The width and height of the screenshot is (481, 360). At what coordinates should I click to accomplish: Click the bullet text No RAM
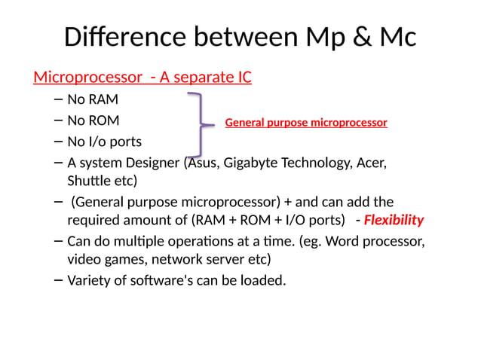[x=93, y=99]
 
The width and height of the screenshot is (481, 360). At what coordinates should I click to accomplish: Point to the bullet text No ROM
[x=93, y=120]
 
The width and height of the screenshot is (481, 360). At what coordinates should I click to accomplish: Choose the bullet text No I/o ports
[x=104, y=141]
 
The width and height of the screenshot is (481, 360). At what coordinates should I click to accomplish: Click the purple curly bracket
[x=197, y=123]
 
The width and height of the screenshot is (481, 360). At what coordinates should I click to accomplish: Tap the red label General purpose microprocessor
[x=305, y=122]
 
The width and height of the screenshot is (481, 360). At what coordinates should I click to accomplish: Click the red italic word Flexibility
[x=394, y=220]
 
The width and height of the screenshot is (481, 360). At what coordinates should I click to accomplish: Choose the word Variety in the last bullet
[x=88, y=281]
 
